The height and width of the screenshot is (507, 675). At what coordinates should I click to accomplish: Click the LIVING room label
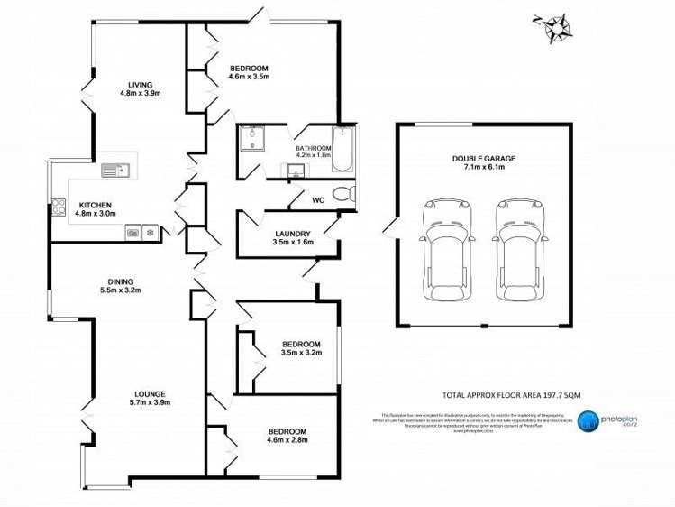point(139,84)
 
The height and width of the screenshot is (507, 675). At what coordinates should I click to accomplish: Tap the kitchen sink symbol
point(114,168)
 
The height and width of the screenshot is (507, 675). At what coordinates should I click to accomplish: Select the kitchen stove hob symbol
point(60,206)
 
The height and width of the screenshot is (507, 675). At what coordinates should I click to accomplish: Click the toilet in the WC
point(341,194)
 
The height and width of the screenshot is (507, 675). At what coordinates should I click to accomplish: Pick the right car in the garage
point(521,247)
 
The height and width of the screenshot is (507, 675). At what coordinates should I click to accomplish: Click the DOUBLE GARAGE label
point(484,158)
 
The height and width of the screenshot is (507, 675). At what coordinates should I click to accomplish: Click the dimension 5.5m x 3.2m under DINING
point(120,290)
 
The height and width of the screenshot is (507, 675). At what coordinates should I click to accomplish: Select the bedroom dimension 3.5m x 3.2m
point(300,353)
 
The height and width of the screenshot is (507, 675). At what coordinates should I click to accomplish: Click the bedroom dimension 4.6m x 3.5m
point(250,78)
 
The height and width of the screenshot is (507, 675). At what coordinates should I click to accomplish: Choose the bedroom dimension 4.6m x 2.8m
point(287,440)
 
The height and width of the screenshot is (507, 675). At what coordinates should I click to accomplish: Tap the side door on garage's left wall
point(389,226)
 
